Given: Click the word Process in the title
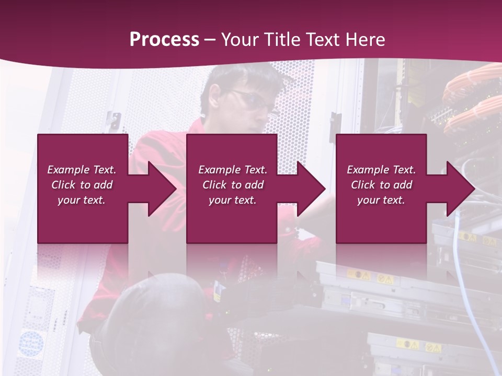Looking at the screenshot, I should click(164, 40).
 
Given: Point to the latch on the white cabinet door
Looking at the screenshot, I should click(113, 120).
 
